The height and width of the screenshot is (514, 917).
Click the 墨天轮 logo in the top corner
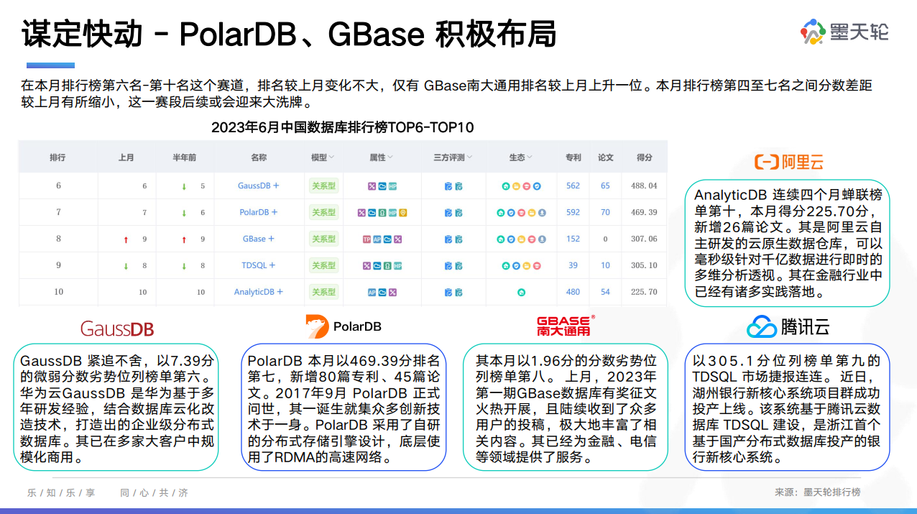click(x=844, y=32)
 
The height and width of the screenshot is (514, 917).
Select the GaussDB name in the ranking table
click(x=258, y=185)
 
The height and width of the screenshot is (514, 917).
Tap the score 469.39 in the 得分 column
click(x=644, y=212)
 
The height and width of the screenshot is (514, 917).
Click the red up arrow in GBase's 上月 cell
click(x=126, y=239)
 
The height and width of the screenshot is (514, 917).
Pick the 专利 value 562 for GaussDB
click(x=573, y=185)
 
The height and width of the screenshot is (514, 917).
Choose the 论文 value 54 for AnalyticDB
click(x=605, y=292)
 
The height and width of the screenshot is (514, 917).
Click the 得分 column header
click(x=644, y=157)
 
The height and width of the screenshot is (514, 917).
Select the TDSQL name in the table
click(x=258, y=265)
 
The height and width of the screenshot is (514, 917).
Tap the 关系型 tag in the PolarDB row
click(x=323, y=212)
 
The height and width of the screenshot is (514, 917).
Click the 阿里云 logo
click(x=788, y=162)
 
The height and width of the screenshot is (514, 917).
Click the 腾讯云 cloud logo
click(x=762, y=327)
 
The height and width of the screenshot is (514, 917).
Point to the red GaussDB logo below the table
click(x=117, y=329)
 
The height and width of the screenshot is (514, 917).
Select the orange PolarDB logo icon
click(x=317, y=326)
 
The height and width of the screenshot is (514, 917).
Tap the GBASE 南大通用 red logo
click(x=565, y=326)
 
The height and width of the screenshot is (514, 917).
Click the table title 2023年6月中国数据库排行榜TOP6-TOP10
click(x=343, y=127)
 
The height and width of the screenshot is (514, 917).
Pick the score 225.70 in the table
click(x=644, y=292)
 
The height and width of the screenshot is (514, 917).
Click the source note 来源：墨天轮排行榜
click(x=817, y=492)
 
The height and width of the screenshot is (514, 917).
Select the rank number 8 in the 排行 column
click(x=59, y=239)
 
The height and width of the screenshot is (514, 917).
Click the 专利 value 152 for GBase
click(x=573, y=239)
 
